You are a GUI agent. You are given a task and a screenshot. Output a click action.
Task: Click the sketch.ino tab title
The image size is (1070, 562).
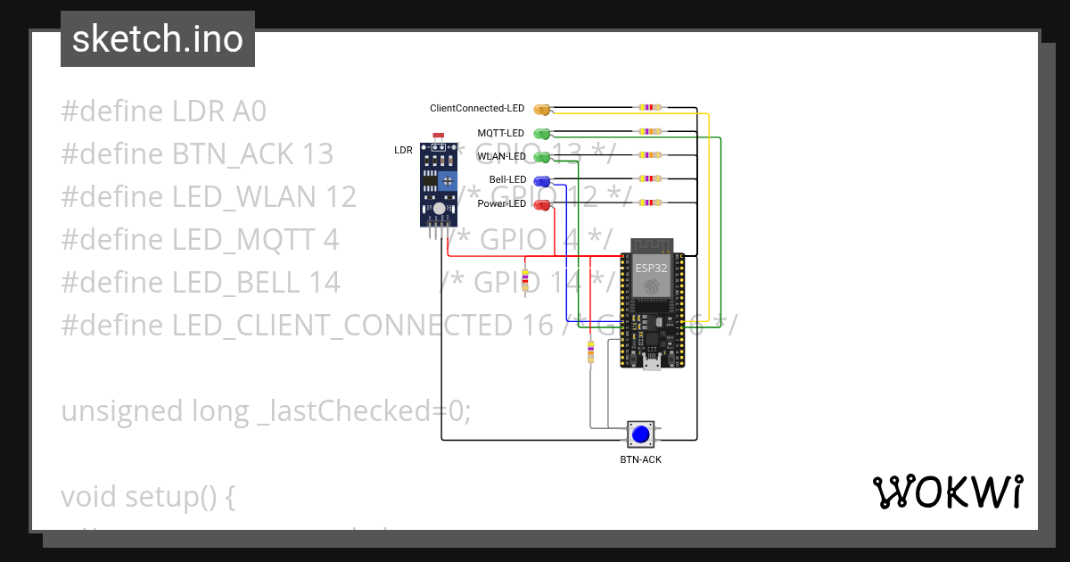pyautogui.click(x=157, y=39)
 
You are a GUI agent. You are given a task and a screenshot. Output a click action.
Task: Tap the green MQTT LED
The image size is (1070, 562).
pyautogui.click(x=541, y=134)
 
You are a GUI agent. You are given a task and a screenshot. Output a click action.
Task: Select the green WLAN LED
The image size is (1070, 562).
pyautogui.click(x=541, y=157)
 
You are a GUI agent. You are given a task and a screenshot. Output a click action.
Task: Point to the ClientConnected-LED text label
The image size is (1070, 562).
pyautogui.click(x=477, y=109)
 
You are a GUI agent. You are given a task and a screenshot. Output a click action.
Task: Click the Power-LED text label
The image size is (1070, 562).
pyautogui.click(x=501, y=204)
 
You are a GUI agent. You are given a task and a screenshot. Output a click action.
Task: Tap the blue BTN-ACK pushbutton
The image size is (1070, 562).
pyautogui.click(x=640, y=434)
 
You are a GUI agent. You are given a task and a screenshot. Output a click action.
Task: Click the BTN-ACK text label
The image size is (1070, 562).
pyautogui.click(x=640, y=460)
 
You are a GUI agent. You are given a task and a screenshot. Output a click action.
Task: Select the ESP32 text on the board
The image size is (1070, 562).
pyautogui.click(x=651, y=267)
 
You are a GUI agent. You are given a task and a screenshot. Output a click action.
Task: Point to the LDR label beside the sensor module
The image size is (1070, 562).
pyautogui.click(x=403, y=151)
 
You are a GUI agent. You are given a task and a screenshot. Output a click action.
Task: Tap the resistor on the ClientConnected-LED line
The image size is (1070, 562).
pyautogui.click(x=650, y=108)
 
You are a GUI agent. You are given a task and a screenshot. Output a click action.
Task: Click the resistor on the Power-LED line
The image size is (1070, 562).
pyautogui.click(x=650, y=203)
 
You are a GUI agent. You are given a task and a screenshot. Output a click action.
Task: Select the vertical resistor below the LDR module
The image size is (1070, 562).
pyautogui.click(x=524, y=280)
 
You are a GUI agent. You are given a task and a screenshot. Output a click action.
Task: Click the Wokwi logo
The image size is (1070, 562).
pyautogui.click(x=947, y=492)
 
